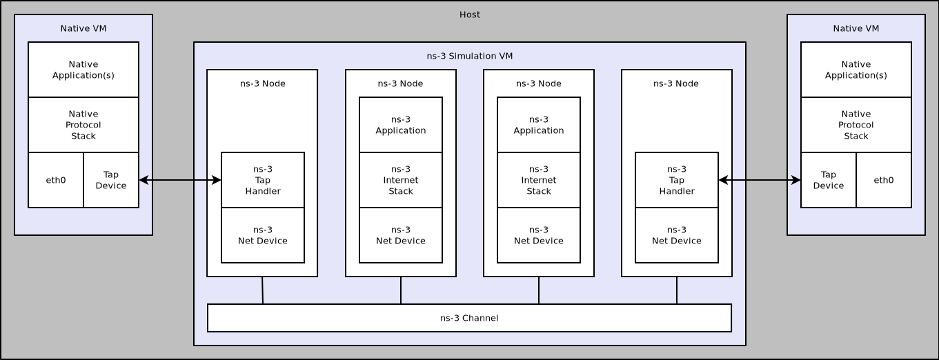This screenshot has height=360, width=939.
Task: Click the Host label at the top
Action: [x=469, y=14]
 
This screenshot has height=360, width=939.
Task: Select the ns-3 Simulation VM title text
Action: [x=469, y=56]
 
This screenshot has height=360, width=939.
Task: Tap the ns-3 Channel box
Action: [x=469, y=318]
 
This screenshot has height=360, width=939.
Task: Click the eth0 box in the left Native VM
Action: [x=56, y=180]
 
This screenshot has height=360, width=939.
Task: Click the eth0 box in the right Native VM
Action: [x=883, y=180]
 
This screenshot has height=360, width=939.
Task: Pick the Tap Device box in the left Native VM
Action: [x=111, y=180]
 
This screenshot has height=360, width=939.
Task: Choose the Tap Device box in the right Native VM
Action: [x=828, y=180]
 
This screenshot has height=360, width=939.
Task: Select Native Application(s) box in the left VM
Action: [x=83, y=70]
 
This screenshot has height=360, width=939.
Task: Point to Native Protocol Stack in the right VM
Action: [x=856, y=125]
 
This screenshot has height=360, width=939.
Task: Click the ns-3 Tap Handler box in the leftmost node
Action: [x=263, y=180]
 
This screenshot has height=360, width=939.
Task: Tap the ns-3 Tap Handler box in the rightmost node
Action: [x=676, y=180]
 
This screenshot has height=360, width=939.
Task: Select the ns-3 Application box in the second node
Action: [x=401, y=125]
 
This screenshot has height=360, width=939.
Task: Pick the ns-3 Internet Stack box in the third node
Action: [x=539, y=180]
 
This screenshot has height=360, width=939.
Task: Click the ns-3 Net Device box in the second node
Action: [x=401, y=235]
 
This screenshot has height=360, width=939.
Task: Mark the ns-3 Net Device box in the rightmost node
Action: [x=676, y=235]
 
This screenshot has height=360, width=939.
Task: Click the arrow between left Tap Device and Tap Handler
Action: [x=180, y=180]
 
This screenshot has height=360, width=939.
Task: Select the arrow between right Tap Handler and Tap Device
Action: [x=759, y=180]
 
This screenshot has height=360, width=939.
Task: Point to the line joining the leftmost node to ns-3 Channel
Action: [x=262, y=290]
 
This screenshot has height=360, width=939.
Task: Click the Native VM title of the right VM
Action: [x=856, y=28]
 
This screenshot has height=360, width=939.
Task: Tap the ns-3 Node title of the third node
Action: [x=539, y=83]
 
